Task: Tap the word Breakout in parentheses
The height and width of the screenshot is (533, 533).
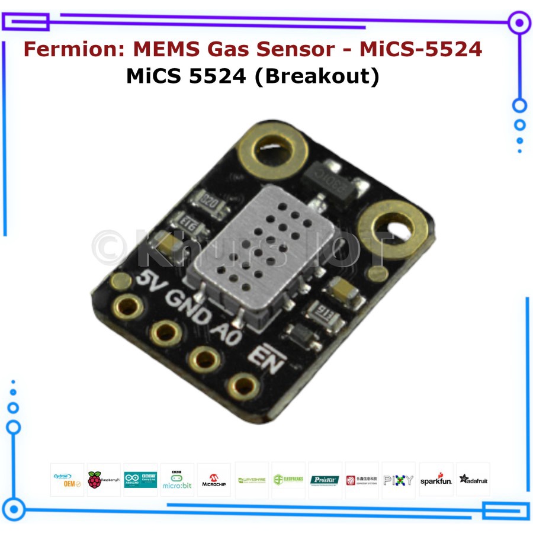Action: click(316, 76)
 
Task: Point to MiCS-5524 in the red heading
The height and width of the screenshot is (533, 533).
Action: click(421, 49)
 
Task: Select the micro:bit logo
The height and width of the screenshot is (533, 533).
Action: click(177, 480)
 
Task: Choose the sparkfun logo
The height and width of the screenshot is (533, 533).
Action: click(436, 480)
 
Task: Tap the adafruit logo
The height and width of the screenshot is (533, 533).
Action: click(473, 480)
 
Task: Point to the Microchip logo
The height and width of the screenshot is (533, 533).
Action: click(214, 480)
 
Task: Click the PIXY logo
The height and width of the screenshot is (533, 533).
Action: click(399, 480)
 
